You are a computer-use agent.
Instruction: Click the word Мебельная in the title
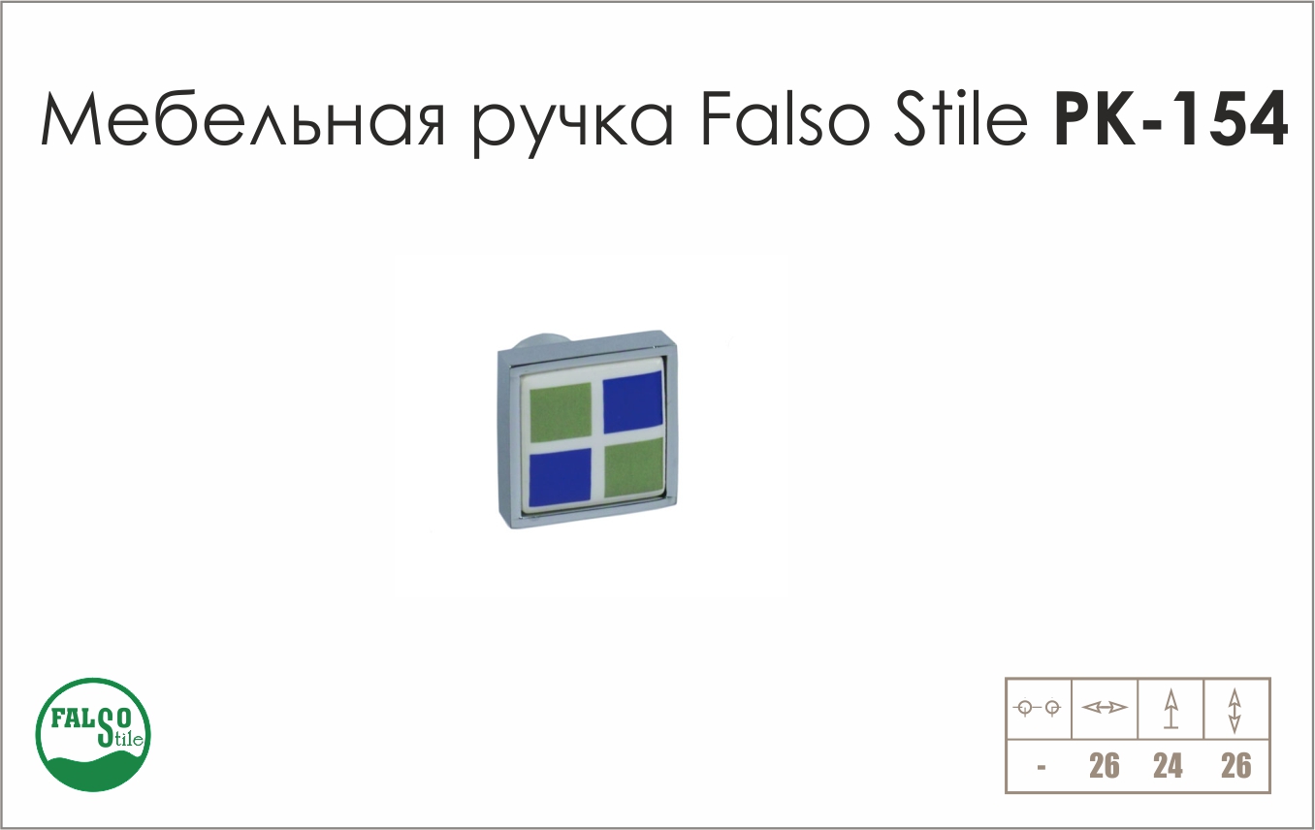pyautogui.click(x=243, y=119)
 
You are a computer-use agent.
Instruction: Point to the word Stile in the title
pyautogui.click(x=961, y=117)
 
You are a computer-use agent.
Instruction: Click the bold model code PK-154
pyautogui.click(x=1171, y=118)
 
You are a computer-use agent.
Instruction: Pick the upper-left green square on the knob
pyautogui.click(x=561, y=412)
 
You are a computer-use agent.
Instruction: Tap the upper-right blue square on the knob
pyautogui.click(x=633, y=402)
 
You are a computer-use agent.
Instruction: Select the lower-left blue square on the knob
pyautogui.click(x=561, y=476)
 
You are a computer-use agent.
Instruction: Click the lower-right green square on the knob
pyautogui.click(x=633, y=467)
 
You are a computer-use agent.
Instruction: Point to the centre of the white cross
pyautogui.click(x=597, y=443)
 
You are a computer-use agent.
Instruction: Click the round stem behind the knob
pyautogui.click(x=541, y=342)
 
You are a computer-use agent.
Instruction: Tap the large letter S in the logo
pyautogui.click(x=106, y=727)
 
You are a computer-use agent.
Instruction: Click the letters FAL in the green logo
pyautogui.click(x=73, y=718)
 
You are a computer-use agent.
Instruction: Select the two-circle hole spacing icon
pyautogui.click(x=1037, y=709)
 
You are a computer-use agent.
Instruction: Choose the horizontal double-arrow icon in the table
pyautogui.click(x=1105, y=708)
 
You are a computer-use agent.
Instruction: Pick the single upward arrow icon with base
pyautogui.click(x=1171, y=709)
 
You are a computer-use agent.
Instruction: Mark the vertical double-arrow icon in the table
pyautogui.click(x=1235, y=711)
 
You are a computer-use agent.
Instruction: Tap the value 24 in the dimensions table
pyautogui.click(x=1169, y=765)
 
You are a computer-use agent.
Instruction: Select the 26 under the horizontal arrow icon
pyautogui.click(x=1105, y=765)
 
